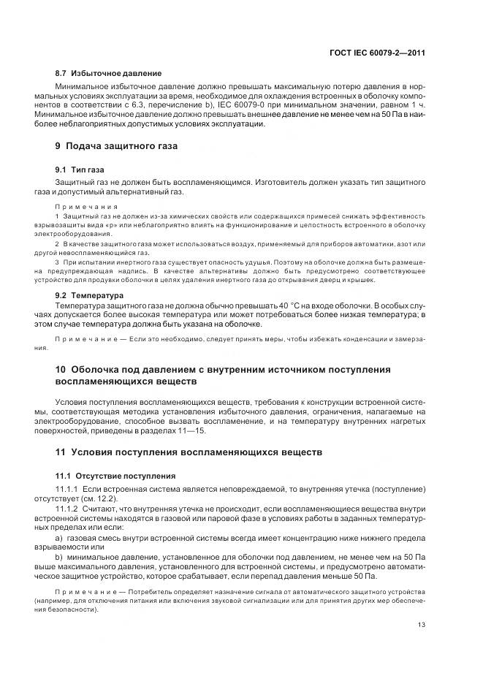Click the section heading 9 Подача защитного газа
pyautogui.click(x=116, y=145)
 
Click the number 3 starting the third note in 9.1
pyautogui.click(x=58, y=261)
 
